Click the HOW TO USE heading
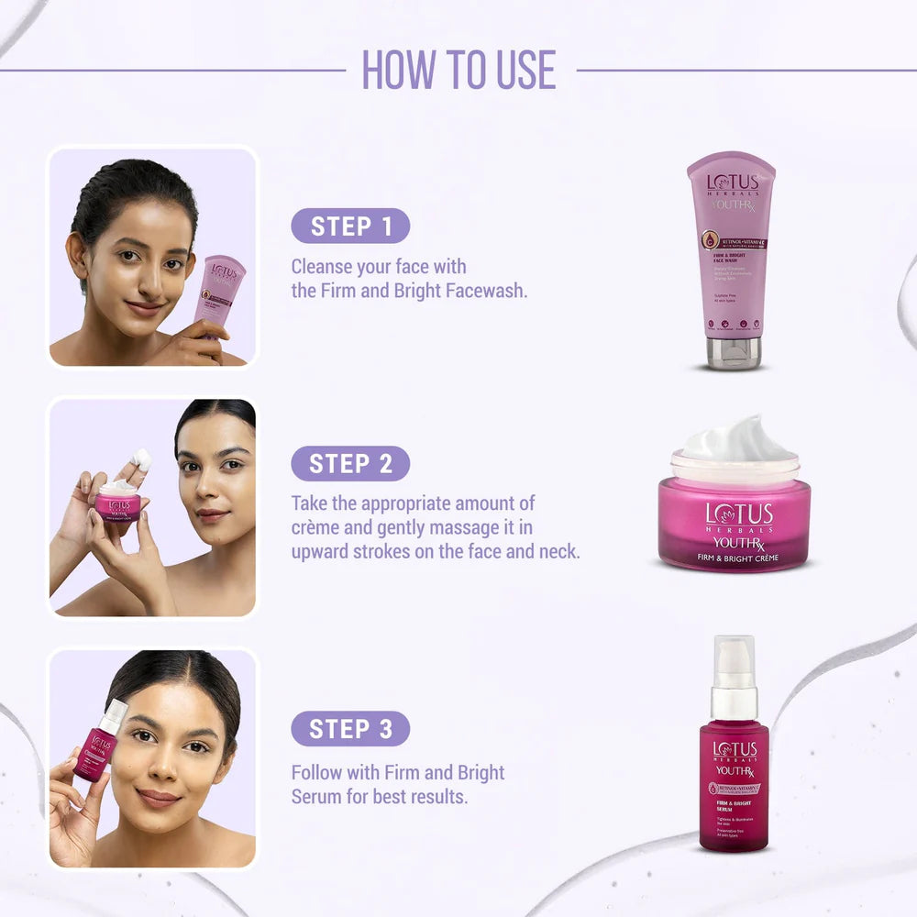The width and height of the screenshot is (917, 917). pos(458,70)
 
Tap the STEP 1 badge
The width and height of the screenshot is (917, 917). pos(350,226)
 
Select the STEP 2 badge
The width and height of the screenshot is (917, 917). pos(350,464)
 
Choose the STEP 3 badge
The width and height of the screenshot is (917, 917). pos(350,729)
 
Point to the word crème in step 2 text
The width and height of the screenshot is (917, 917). pos(317,528)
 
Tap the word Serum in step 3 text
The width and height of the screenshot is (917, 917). pos(317,796)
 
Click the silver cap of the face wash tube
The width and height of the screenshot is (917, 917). pos(733,353)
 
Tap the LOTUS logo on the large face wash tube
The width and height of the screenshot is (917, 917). pos(732,182)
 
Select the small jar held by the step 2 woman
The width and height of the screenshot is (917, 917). pos(117,503)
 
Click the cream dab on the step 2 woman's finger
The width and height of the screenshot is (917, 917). pos(141,459)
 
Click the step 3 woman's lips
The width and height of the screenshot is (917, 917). pos(159,799)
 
